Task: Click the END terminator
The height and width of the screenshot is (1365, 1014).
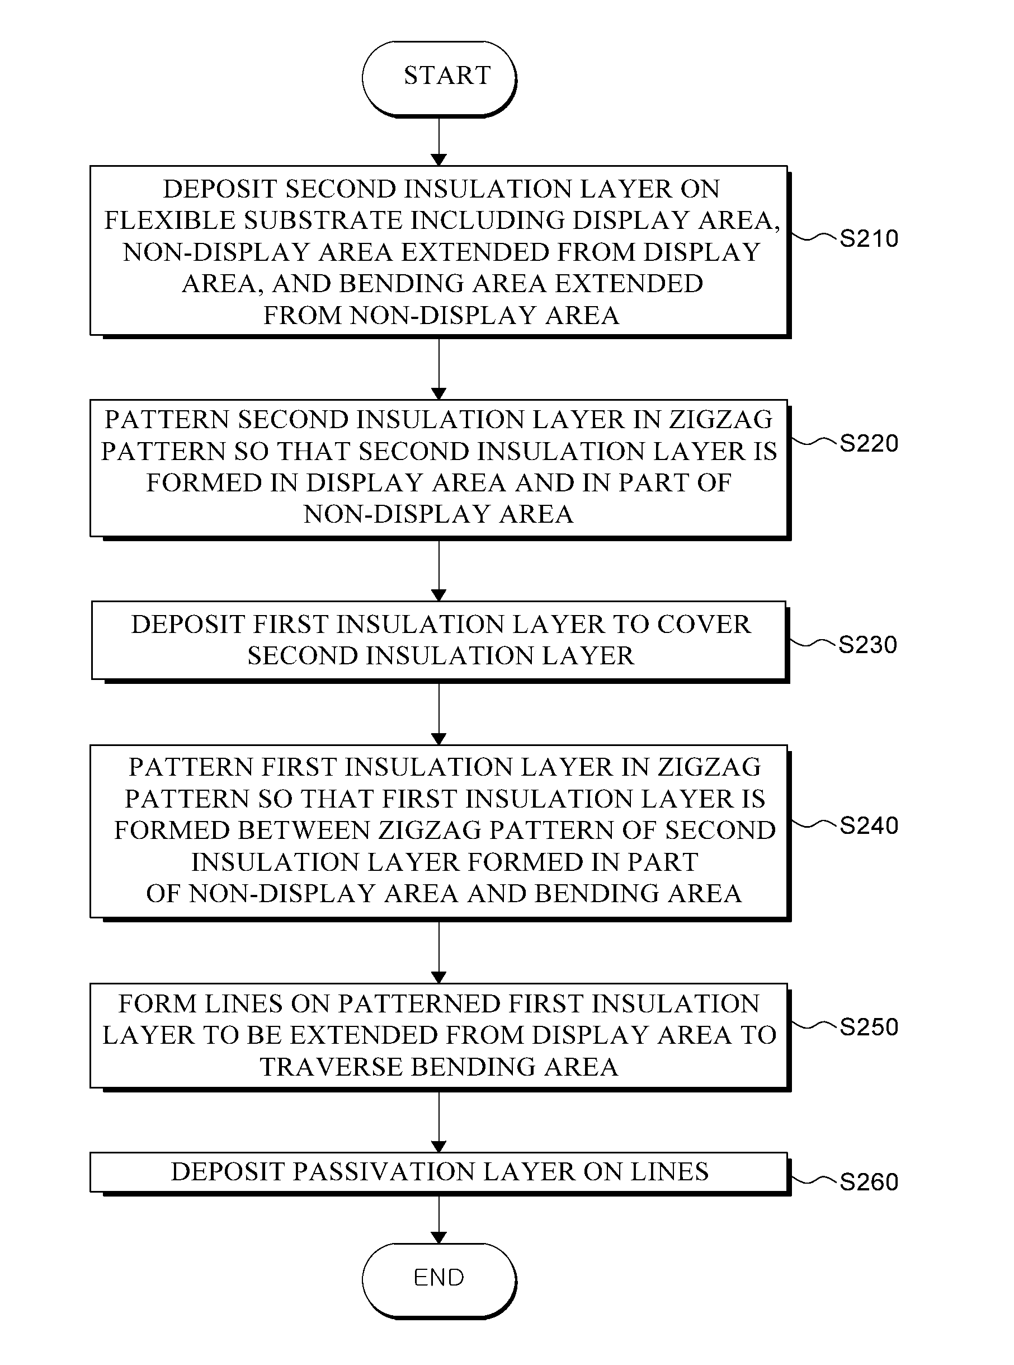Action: (439, 1278)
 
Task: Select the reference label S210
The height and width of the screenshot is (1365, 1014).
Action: (869, 238)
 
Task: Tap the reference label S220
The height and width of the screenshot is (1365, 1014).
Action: (869, 443)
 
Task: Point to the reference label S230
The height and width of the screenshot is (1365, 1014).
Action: (867, 645)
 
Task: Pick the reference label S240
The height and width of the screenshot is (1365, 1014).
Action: (869, 826)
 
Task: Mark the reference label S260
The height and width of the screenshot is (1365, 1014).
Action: (869, 1182)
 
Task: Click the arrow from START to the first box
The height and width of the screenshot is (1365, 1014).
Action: (439, 141)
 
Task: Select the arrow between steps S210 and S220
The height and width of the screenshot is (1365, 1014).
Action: (439, 368)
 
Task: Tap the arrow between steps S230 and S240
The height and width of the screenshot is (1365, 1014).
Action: (439, 712)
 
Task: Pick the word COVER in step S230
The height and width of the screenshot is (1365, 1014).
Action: (704, 625)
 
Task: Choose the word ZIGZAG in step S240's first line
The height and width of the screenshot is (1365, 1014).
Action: (709, 767)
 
